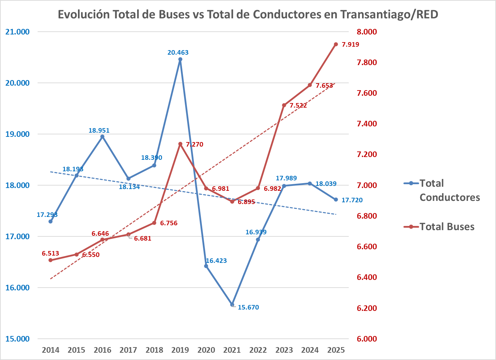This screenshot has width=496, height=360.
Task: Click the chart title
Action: tap(248, 14)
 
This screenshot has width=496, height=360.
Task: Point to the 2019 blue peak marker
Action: tap(180, 59)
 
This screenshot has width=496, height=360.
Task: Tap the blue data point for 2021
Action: tap(232, 305)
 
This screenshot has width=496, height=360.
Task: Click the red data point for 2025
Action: tap(336, 44)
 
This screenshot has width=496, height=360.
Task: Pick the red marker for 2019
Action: tap(180, 144)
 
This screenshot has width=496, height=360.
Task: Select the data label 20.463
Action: tap(178, 53)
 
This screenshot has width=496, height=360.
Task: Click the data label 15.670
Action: tap(248, 307)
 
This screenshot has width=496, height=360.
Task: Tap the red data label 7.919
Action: tap(350, 44)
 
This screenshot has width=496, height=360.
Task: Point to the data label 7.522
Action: tap(298, 105)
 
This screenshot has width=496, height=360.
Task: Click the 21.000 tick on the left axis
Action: tap(18, 32)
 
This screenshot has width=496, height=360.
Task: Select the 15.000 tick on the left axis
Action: tap(18, 339)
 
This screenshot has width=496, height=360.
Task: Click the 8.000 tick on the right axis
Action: tap(367, 32)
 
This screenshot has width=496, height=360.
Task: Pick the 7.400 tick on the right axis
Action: tap(367, 124)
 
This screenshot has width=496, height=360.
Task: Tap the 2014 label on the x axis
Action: tap(51, 350)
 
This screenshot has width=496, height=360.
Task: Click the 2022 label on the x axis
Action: tap(258, 350)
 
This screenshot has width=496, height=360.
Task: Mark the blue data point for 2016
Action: tap(102, 136)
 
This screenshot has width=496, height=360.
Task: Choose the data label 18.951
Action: tap(99, 131)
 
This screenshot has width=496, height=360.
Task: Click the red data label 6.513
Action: tap(50, 253)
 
